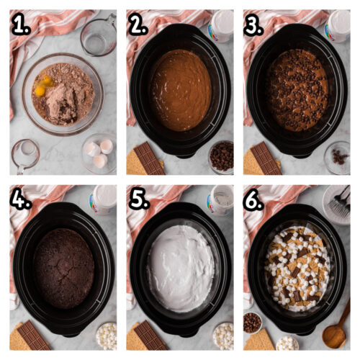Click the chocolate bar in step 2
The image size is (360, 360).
(150, 158)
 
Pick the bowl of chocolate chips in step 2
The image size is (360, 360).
(221, 156)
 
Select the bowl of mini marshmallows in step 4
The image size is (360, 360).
(106, 336)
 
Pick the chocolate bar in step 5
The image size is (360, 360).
(150, 335)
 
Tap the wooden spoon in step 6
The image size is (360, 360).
(336, 328)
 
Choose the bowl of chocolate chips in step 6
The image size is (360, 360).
(252, 322)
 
